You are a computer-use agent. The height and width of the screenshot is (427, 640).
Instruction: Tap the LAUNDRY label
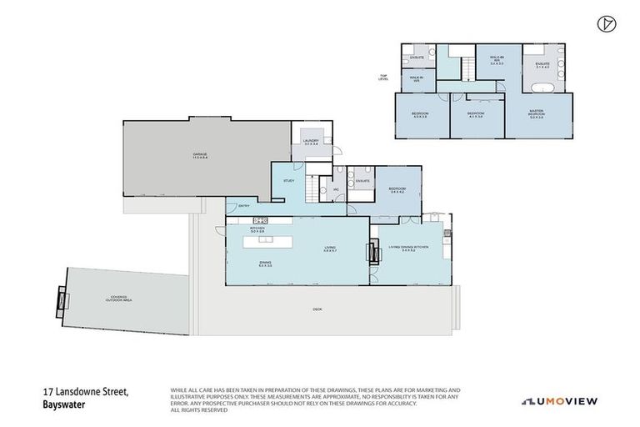pos(312,143)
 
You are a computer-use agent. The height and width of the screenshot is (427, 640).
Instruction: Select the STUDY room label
pos(289,180)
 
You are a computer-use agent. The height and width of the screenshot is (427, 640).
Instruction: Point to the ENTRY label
pos(244,206)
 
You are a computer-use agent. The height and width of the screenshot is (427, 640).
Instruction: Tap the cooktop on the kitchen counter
pos(259,221)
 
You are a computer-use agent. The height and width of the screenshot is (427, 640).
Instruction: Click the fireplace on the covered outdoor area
pos(60,298)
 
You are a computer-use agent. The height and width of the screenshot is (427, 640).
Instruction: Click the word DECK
pos(317,310)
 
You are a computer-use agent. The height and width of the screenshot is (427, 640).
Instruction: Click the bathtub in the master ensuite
pos(545,88)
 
